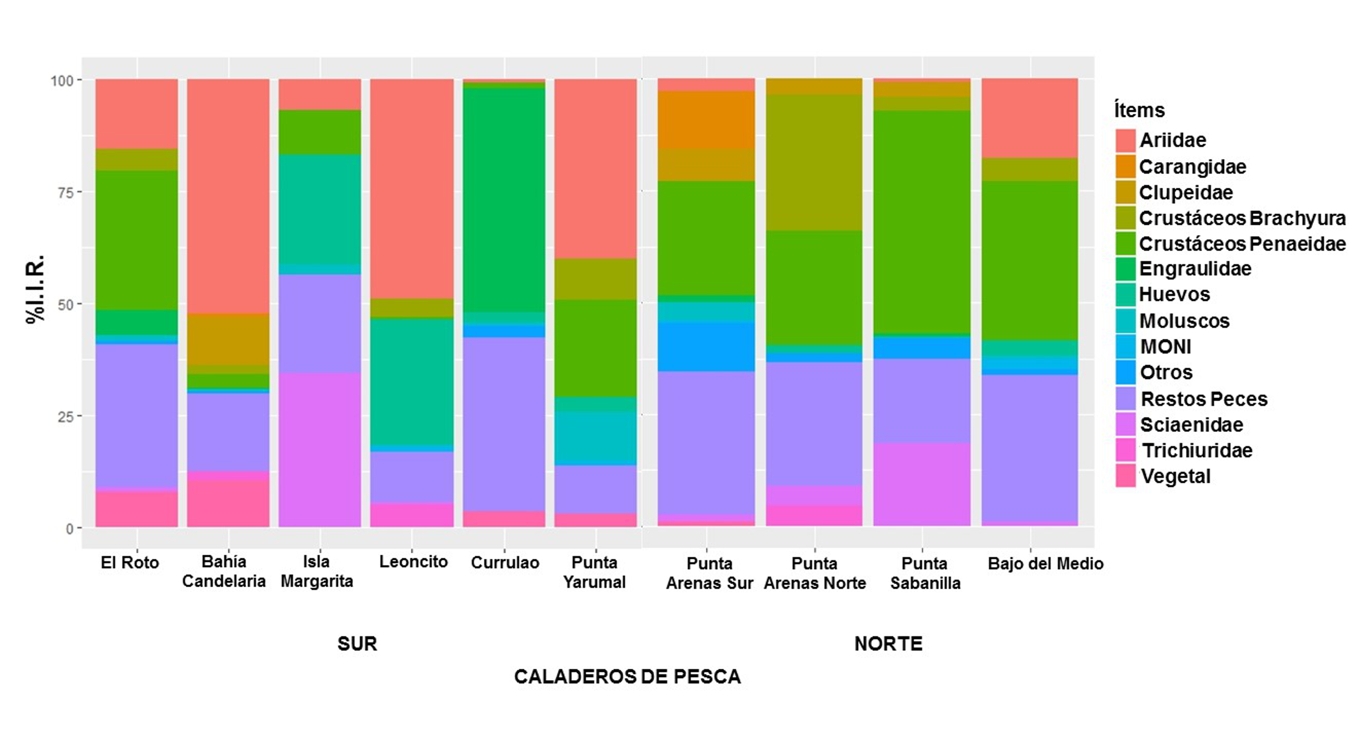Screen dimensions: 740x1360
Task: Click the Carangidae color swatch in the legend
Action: tap(1125, 166)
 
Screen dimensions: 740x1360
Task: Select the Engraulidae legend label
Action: tap(1195, 269)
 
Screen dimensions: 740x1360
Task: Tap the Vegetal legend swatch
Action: tap(1125, 476)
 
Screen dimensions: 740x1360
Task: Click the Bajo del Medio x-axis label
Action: tap(1045, 564)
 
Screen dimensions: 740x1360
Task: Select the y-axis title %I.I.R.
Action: tap(36, 290)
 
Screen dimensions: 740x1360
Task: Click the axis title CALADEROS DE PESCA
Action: tap(627, 677)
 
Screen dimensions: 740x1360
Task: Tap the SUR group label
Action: tap(357, 644)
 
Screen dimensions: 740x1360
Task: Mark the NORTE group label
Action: tap(889, 644)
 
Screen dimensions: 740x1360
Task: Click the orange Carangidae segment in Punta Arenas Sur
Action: tap(706, 120)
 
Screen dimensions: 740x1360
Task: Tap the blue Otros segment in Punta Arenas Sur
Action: tap(706, 346)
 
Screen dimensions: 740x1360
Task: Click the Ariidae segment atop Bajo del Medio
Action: tap(1030, 118)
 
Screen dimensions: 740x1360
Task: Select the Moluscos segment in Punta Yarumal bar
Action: tap(595, 438)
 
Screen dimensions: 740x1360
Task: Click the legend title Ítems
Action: tap(1139, 110)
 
